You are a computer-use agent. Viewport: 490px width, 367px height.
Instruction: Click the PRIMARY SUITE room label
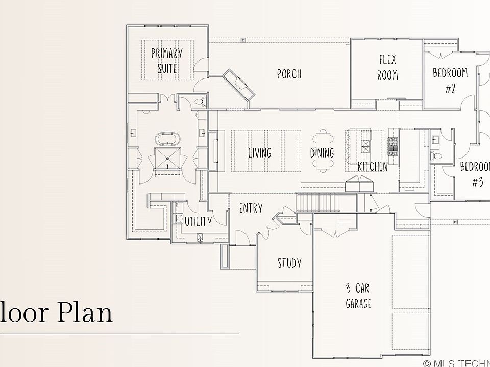(167, 61)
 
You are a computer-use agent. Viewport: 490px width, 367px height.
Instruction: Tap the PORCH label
(289, 74)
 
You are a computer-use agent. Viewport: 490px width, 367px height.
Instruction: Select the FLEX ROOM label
(387, 67)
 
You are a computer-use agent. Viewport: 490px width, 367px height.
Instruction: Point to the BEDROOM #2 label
(450, 81)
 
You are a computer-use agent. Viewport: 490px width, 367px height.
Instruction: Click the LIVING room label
(260, 153)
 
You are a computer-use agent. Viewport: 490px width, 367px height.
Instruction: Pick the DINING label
(322, 153)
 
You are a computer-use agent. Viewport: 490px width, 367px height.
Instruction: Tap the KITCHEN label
(373, 166)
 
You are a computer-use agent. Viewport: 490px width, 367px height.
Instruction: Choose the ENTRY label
(251, 208)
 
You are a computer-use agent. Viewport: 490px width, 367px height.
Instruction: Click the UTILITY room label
(198, 221)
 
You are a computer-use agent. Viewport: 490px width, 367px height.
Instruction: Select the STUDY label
(289, 263)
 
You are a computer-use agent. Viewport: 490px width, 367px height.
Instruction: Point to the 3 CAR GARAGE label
(358, 296)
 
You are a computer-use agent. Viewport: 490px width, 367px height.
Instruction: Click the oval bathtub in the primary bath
(167, 139)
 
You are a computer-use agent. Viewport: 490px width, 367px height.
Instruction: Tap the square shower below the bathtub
(167, 158)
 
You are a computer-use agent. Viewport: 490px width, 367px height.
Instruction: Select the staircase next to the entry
(317, 202)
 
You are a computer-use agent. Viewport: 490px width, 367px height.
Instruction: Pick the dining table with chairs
(323, 151)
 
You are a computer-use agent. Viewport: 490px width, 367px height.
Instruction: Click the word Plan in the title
(85, 312)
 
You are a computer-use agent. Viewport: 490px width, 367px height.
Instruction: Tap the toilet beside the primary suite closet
(200, 101)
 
